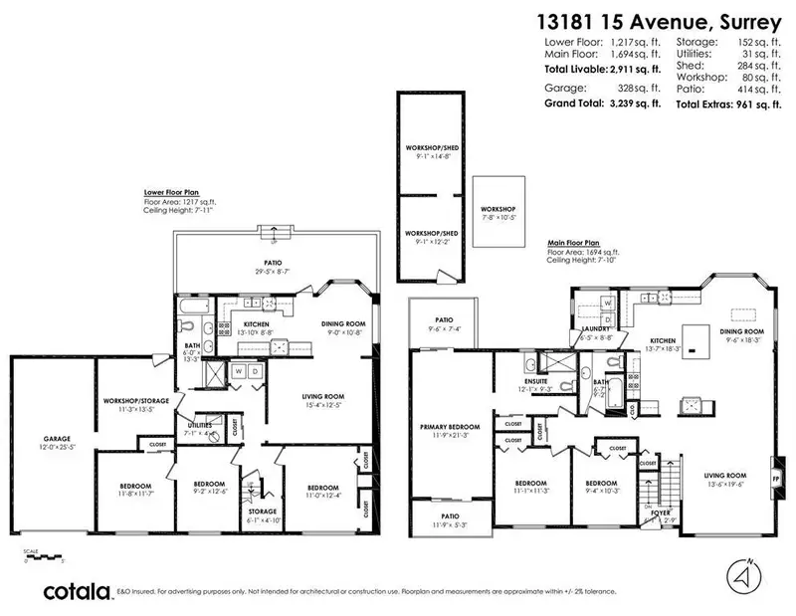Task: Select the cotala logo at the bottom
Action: pos(76,591)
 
